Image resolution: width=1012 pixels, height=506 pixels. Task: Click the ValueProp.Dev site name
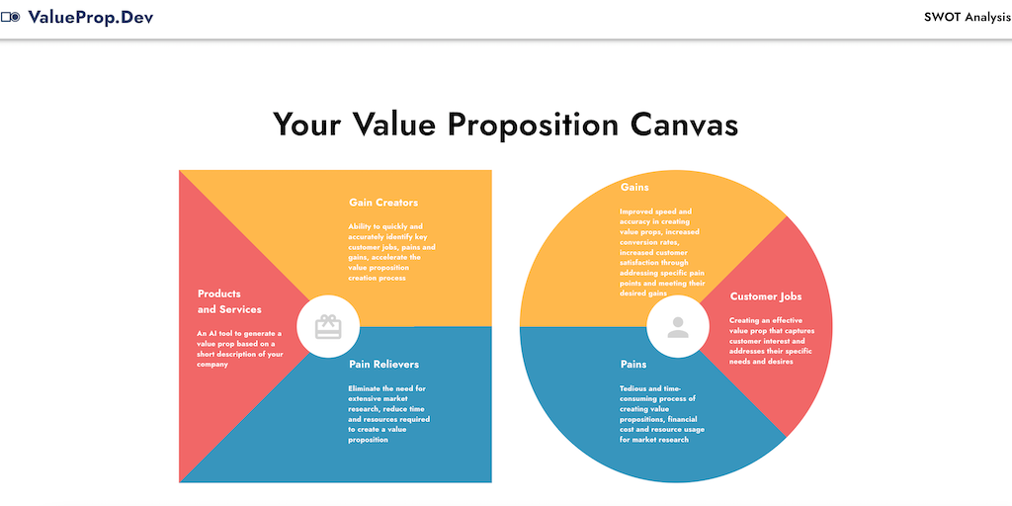[91, 18]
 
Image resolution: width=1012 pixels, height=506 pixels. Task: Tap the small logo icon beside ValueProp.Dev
[11, 18]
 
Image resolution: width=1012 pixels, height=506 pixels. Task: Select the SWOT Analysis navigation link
[968, 18]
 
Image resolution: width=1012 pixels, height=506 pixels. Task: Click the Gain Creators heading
[383, 203]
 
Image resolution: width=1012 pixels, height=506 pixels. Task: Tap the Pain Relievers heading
[383, 364]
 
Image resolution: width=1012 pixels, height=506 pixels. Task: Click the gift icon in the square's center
[328, 326]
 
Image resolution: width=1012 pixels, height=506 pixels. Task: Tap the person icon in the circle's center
[678, 326]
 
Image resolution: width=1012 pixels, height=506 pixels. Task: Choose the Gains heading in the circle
[634, 187]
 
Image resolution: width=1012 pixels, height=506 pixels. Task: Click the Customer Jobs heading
[766, 296]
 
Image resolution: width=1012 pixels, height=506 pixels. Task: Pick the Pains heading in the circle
[633, 364]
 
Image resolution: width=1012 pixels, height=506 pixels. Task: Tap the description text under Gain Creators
[388, 252]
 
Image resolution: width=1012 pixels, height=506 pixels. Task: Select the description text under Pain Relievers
[388, 414]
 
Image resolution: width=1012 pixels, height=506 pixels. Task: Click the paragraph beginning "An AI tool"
[239, 349]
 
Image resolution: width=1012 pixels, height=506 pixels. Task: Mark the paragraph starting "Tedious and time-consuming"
[661, 414]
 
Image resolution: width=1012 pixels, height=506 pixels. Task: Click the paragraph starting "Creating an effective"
[771, 341]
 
